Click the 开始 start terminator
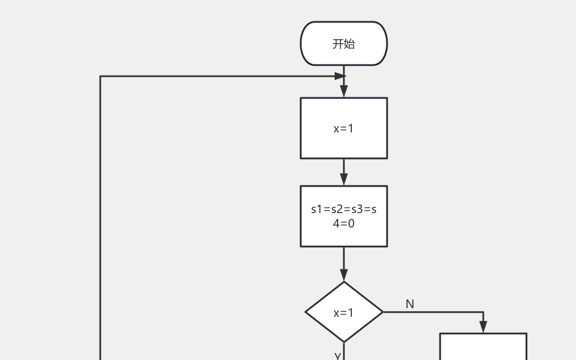[x=344, y=43]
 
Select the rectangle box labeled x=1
[x=344, y=128]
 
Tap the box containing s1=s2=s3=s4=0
[x=344, y=217]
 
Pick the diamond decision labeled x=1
[x=344, y=312]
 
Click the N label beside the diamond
[x=410, y=304]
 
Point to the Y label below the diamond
[x=338, y=357]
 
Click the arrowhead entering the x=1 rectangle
[x=344, y=92]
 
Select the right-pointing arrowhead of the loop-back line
[x=340, y=76]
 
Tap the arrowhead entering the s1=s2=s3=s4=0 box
[x=344, y=180]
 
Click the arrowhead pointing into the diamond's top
[x=344, y=275]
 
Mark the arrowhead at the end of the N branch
[x=483, y=327]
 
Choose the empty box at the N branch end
[x=483, y=346]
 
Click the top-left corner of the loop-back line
[x=100, y=76]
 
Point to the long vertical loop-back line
[x=100, y=218]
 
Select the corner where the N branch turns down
[x=483, y=312]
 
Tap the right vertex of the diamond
[x=384, y=312]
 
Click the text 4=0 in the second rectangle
[x=344, y=223]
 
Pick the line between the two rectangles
[x=344, y=172]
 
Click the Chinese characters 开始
[x=344, y=44]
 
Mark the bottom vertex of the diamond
[x=344, y=343]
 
